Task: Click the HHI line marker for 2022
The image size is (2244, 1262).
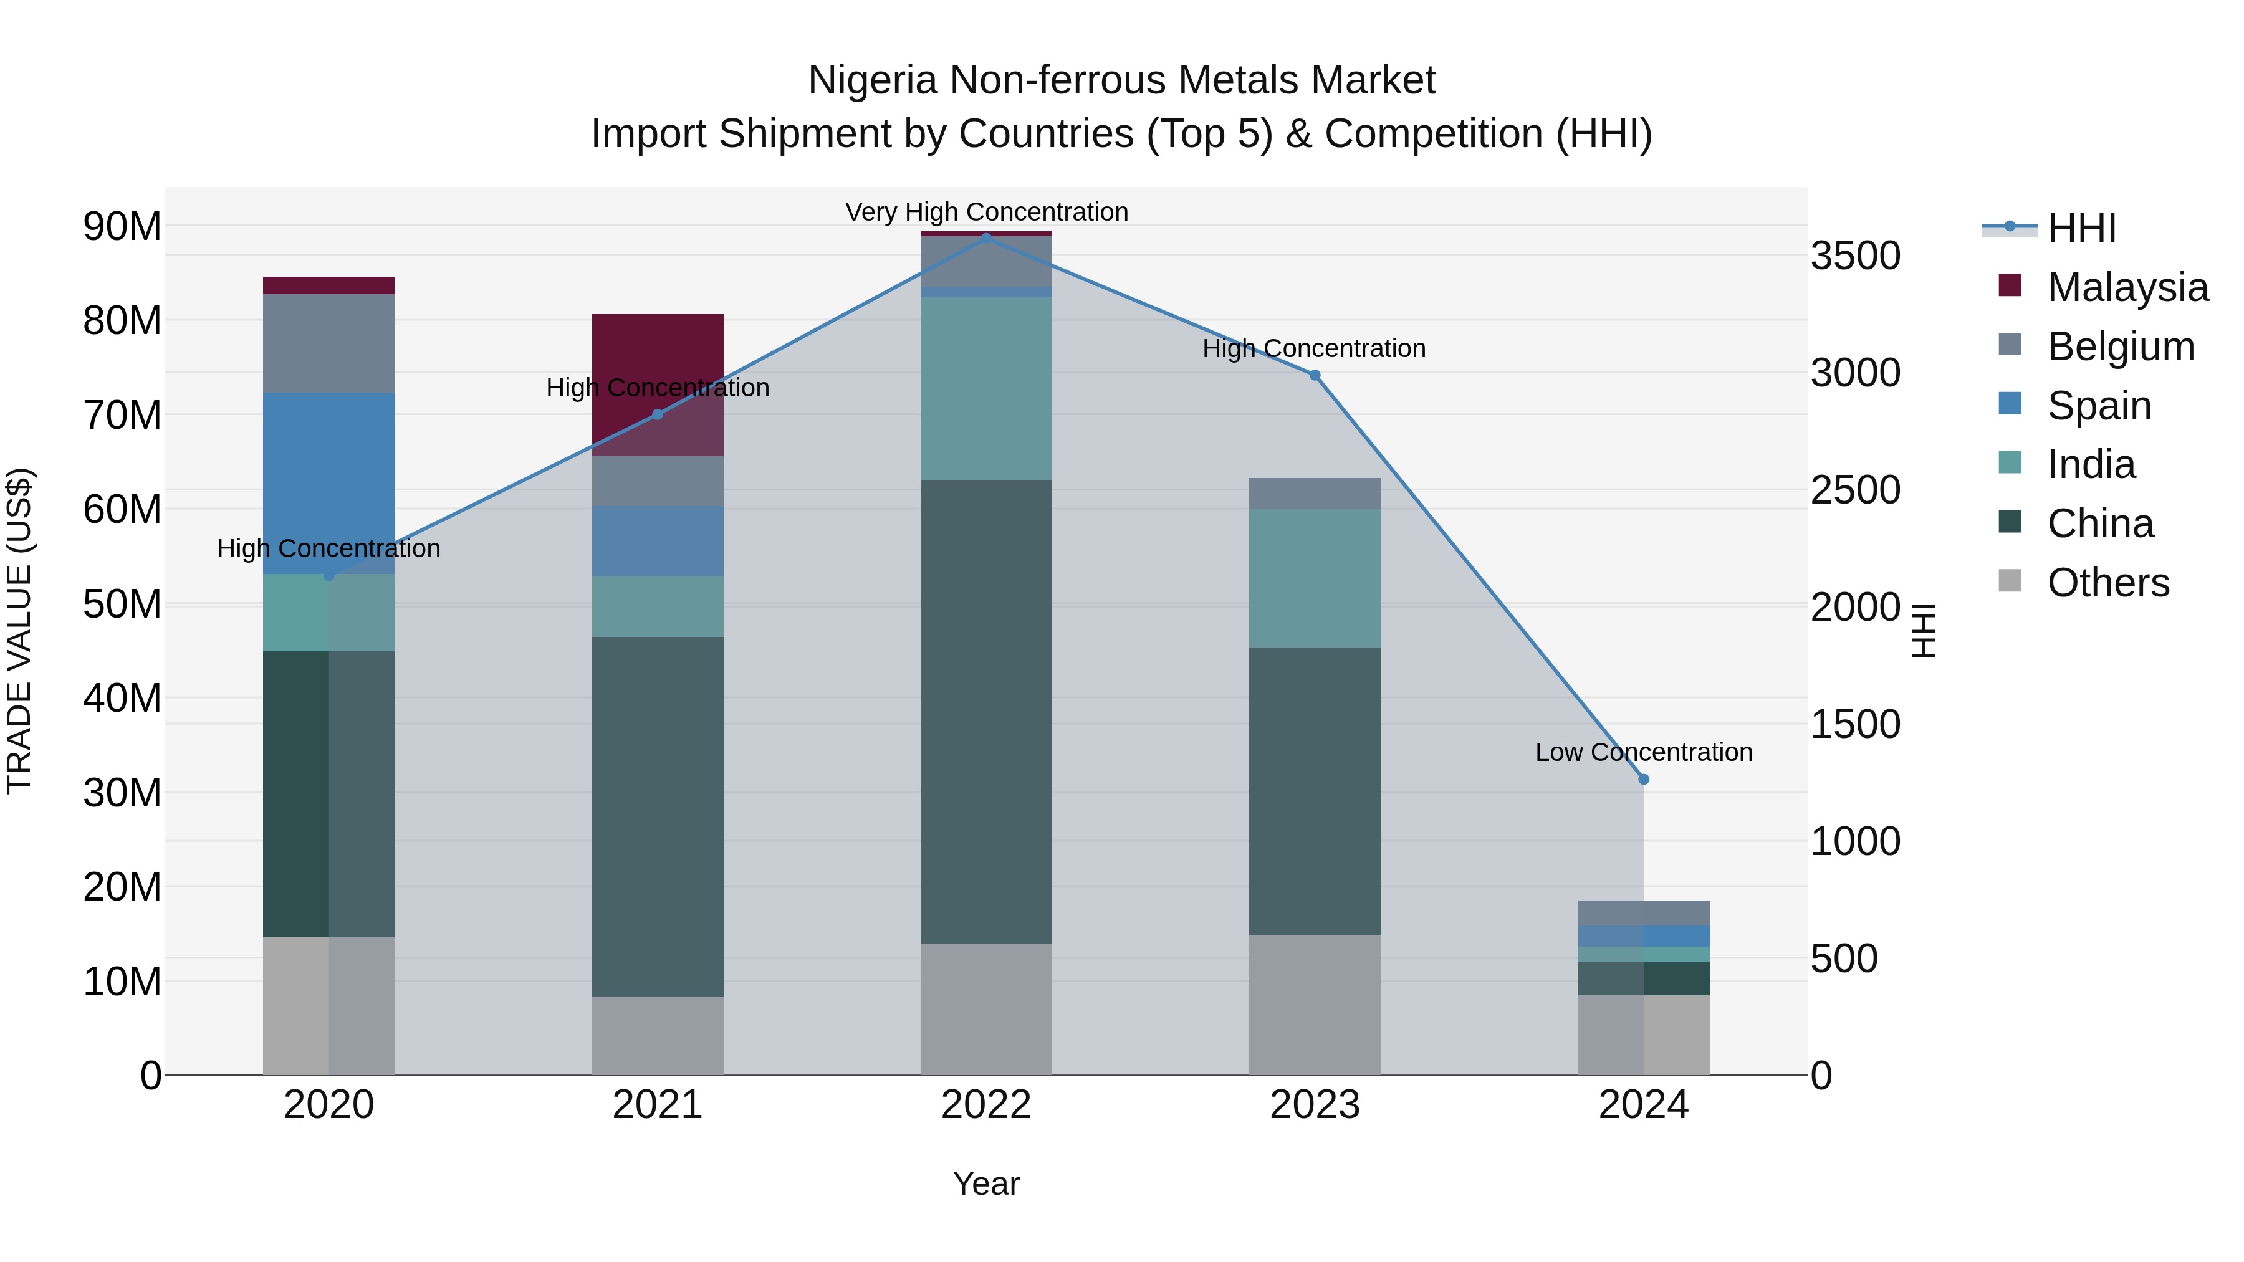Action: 986,238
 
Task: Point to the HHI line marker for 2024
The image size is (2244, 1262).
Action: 1644,780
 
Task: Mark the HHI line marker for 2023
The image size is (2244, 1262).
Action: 1315,375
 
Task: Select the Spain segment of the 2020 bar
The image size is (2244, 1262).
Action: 328,484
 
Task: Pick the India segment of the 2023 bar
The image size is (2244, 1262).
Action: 1315,578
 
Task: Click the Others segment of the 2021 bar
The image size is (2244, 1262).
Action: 658,1036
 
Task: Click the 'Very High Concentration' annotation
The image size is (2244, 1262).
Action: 986,213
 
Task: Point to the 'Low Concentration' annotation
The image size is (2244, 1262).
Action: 1643,752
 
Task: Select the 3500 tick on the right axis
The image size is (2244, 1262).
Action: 1856,256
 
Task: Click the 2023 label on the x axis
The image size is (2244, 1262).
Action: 1315,1105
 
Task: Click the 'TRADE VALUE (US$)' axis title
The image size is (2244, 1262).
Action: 19,631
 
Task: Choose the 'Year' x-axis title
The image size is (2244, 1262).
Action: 986,1183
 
